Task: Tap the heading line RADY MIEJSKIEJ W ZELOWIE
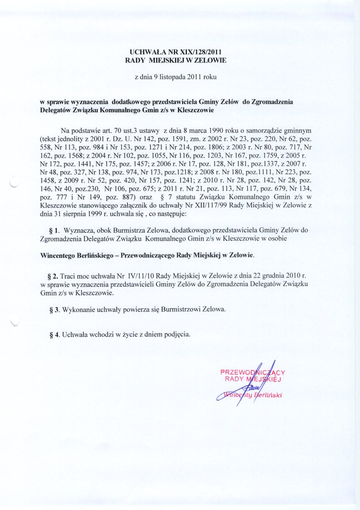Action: click(175, 59)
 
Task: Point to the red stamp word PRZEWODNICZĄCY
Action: click(252, 373)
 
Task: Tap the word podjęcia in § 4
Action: click(175, 335)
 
